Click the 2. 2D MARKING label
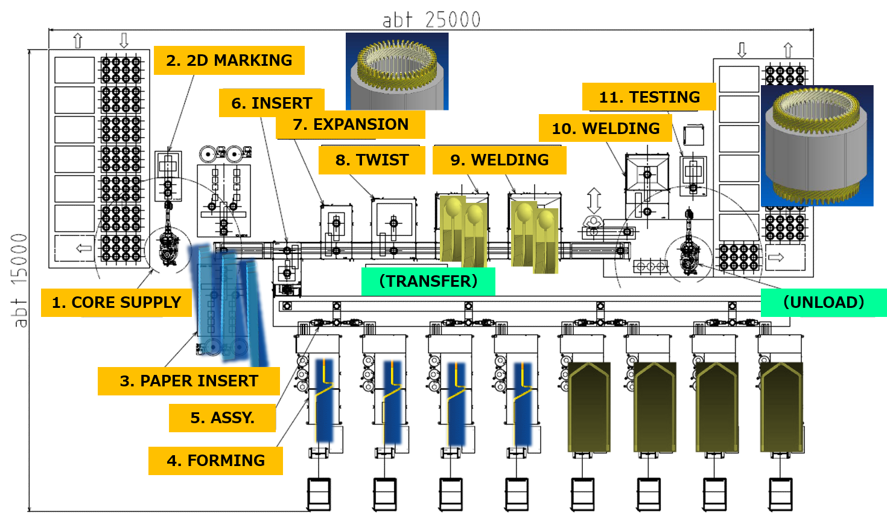point(229,60)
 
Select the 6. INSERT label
point(272,103)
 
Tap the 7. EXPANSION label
point(350,124)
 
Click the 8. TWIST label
point(372,160)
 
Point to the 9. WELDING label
point(499,160)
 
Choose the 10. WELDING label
point(605,129)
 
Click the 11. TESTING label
point(649,97)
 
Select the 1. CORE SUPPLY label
point(116,302)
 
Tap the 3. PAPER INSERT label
point(188,381)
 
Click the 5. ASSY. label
point(222,418)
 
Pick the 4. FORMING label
point(215,461)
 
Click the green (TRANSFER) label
point(428,281)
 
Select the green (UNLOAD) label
point(823,302)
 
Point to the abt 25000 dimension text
point(431,20)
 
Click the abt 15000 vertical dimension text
point(19,280)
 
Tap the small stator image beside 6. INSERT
point(396,71)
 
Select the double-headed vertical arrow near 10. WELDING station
point(594,200)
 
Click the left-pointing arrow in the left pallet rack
point(84,248)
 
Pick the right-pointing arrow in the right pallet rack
point(776,258)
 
